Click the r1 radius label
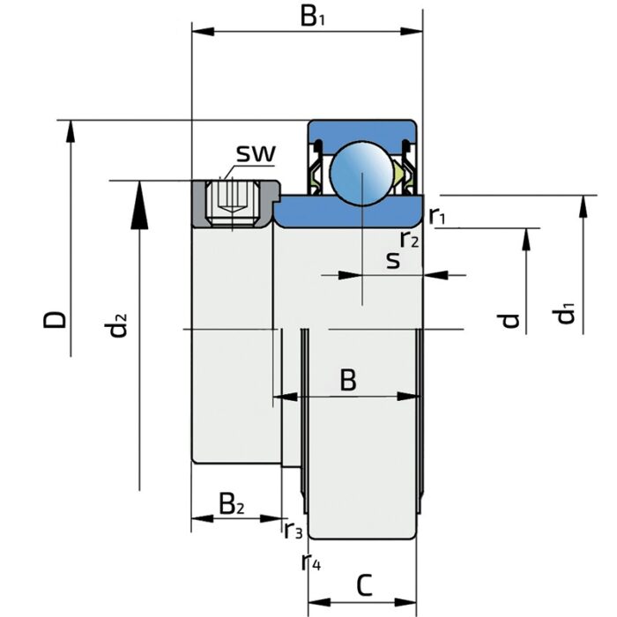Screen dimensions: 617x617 (x=438, y=216)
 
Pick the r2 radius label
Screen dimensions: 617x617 (x=409, y=238)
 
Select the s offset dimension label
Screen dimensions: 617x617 (x=393, y=260)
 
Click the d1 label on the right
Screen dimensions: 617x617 (x=563, y=312)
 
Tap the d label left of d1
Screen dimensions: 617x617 (x=510, y=319)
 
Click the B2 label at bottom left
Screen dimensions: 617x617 (x=232, y=505)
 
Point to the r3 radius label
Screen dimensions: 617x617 (x=293, y=531)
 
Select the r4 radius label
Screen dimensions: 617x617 (x=310, y=561)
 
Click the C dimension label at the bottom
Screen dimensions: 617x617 (x=365, y=584)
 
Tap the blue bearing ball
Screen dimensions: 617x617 (x=361, y=172)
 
